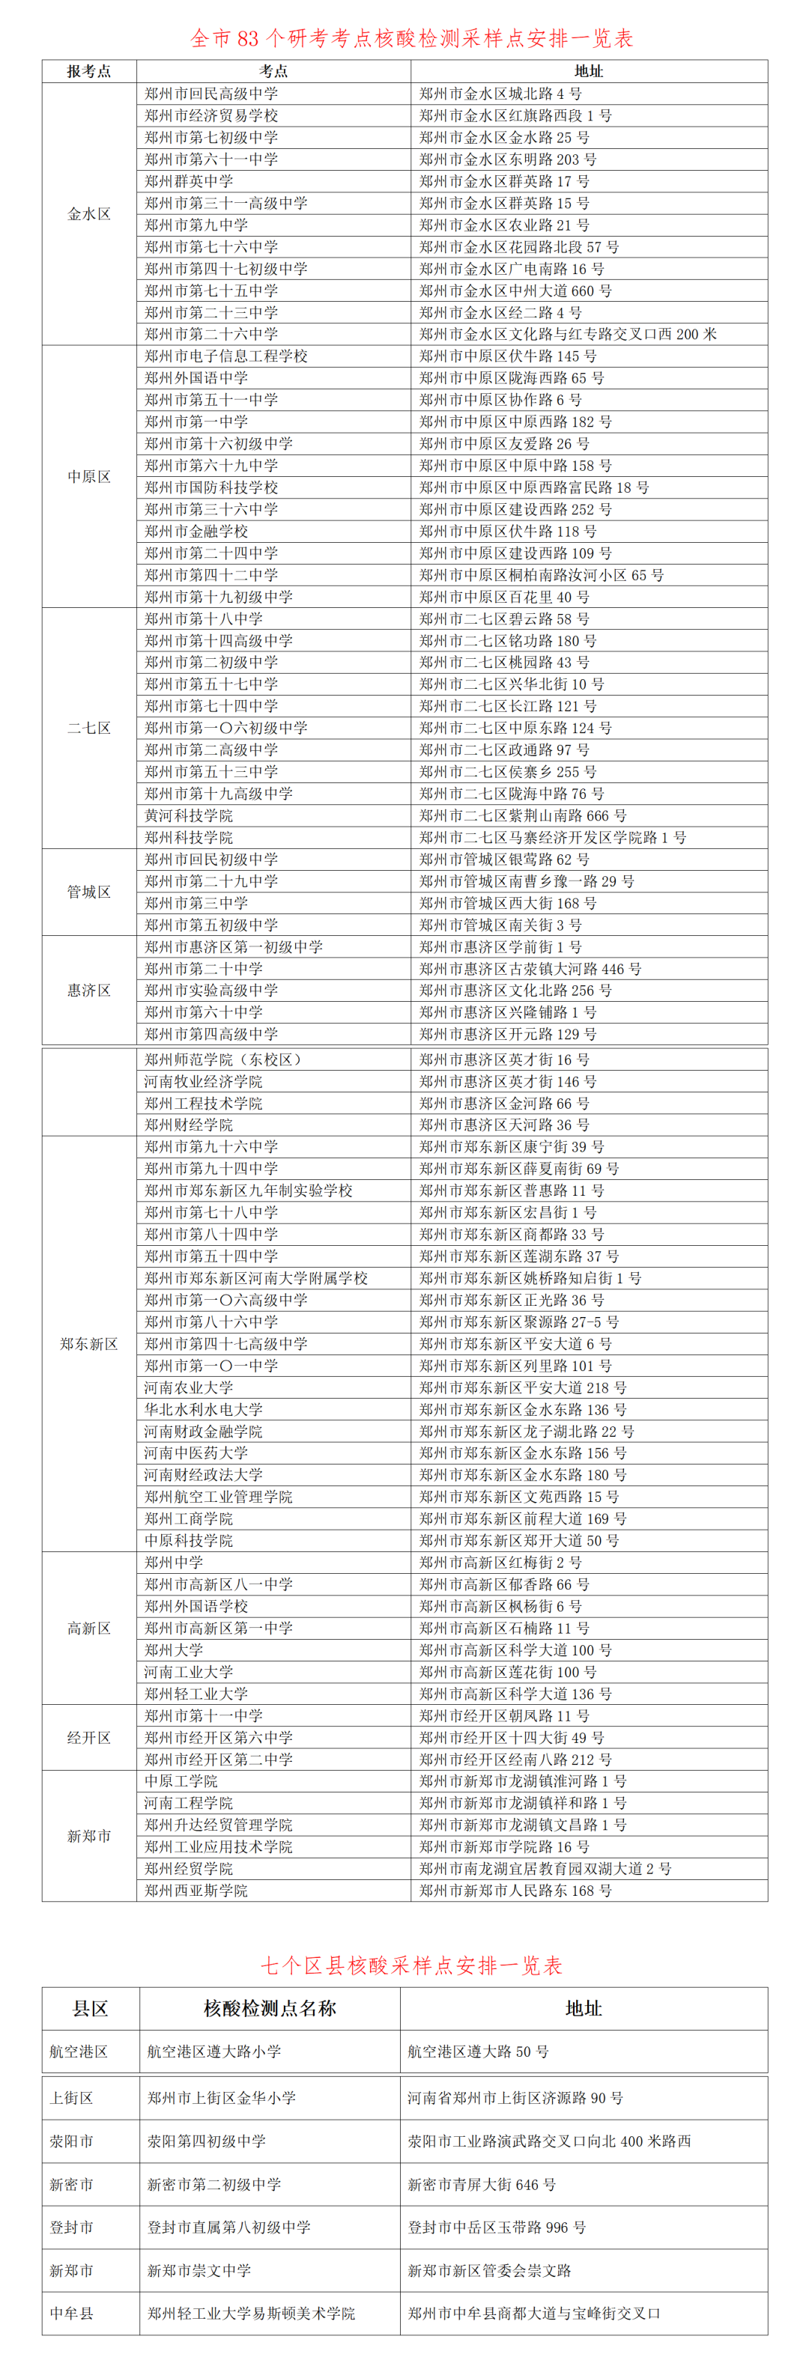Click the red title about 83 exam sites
pyautogui.click(x=411, y=37)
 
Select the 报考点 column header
pyautogui.click(x=89, y=70)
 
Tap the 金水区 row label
pyautogui.click(x=89, y=213)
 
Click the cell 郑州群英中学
pyautogui.click(x=189, y=180)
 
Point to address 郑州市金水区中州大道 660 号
pyautogui.click(x=515, y=291)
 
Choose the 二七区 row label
pyautogui.click(x=89, y=729)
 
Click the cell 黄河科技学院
pyautogui.click(x=189, y=815)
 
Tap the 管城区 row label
pyautogui.click(x=89, y=892)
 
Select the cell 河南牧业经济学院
pyautogui.click(x=204, y=1081)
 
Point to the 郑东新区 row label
pyautogui.click(x=89, y=1344)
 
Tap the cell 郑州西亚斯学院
pyautogui.click(x=196, y=1891)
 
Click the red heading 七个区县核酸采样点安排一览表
pyautogui.click(x=411, y=1965)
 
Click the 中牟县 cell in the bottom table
pyautogui.click(x=72, y=2314)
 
